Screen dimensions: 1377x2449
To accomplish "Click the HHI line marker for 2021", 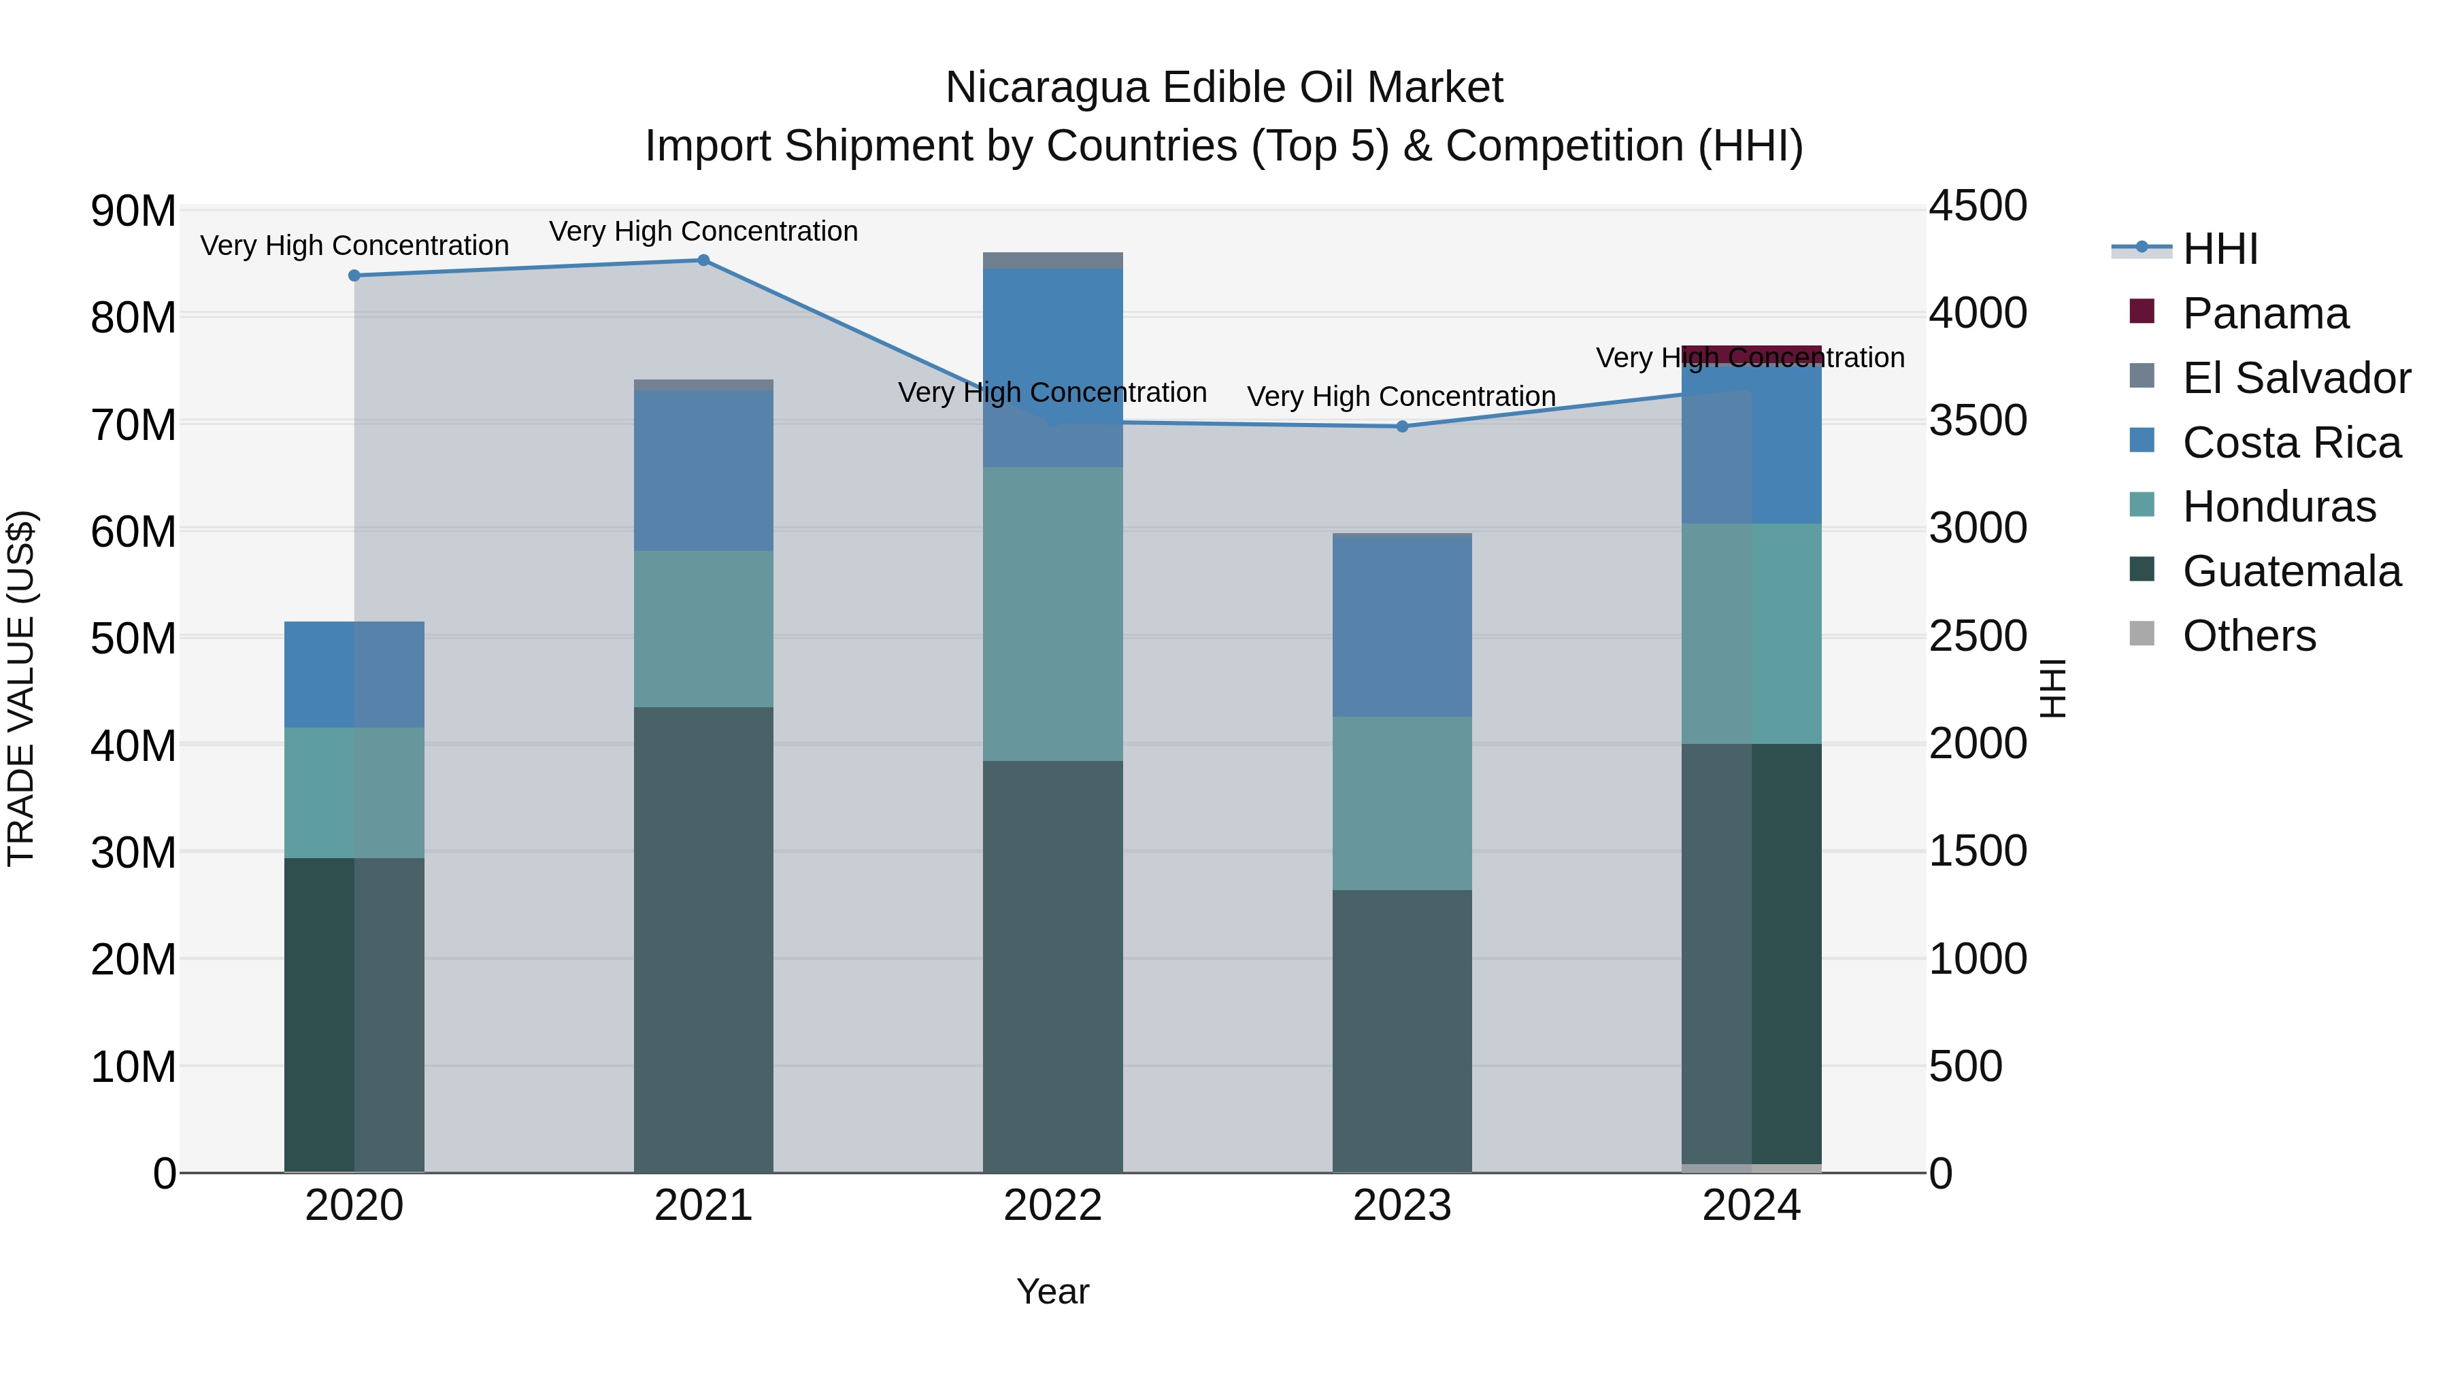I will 703,260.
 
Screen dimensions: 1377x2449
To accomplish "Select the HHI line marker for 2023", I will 1402,426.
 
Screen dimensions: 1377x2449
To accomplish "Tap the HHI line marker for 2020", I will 354,275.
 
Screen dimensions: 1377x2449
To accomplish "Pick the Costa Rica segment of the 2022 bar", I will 1052,368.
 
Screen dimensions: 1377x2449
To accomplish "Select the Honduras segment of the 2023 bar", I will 1402,803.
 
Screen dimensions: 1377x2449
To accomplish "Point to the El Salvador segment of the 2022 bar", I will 1052,260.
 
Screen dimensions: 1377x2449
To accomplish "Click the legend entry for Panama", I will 2265,313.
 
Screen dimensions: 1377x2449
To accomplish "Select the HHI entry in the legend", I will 2219,249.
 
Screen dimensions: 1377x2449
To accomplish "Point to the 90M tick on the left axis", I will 133,211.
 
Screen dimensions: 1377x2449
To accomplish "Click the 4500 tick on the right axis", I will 1978,206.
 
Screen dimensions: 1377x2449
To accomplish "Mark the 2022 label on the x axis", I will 1052,1206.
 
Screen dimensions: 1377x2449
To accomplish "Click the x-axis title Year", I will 1052,1291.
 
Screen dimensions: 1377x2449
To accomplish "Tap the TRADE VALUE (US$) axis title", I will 21,688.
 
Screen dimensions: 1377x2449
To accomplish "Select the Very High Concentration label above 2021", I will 703,231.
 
